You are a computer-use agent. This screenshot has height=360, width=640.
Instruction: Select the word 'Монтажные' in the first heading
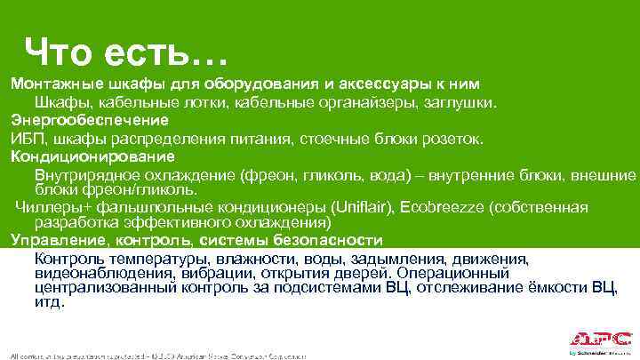(x=49, y=84)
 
